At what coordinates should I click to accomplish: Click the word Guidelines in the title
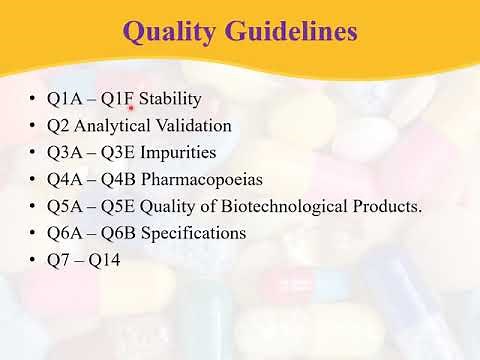(289, 33)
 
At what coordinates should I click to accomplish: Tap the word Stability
(170, 99)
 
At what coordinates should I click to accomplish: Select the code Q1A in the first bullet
(64, 99)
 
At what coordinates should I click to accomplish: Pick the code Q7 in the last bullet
(58, 260)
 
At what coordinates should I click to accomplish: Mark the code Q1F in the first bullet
(121, 99)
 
